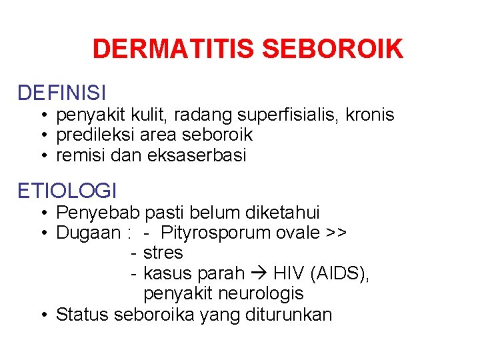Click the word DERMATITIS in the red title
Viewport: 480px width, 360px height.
(174, 49)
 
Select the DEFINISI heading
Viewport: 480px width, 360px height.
(62, 93)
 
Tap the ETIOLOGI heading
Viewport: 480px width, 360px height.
(67, 191)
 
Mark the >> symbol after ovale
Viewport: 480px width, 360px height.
(336, 233)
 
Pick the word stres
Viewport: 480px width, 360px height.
(163, 253)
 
